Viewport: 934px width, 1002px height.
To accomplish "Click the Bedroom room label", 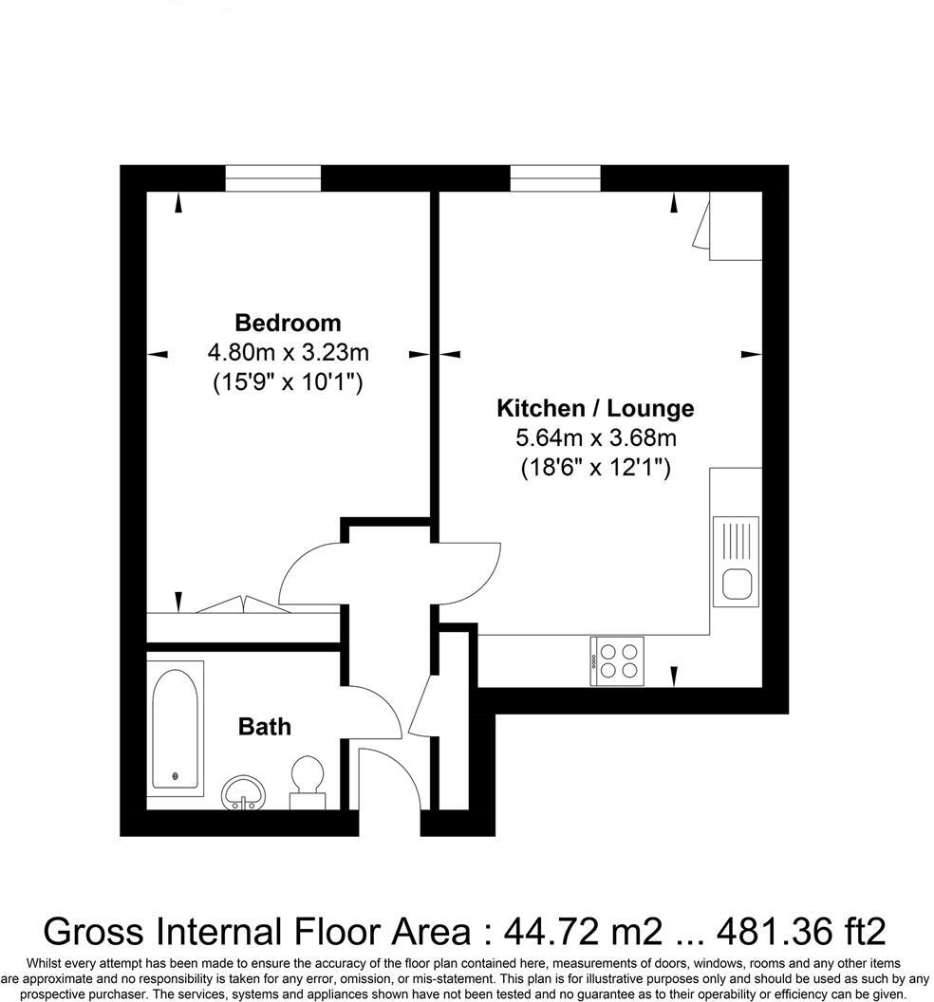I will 288,323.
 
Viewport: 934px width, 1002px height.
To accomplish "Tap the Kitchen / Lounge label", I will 595,409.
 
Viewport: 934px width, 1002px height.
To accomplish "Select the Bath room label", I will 264,727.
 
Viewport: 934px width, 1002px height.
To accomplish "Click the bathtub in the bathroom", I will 176,727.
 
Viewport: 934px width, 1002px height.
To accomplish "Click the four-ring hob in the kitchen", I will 617,659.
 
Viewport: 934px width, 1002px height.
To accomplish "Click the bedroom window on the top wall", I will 273,178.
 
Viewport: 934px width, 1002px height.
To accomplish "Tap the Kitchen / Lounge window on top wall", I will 555,178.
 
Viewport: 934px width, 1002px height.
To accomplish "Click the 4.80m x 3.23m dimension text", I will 288,353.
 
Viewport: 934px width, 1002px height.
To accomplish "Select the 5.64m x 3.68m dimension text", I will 595,438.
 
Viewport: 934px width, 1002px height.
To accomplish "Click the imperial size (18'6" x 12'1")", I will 595,468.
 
